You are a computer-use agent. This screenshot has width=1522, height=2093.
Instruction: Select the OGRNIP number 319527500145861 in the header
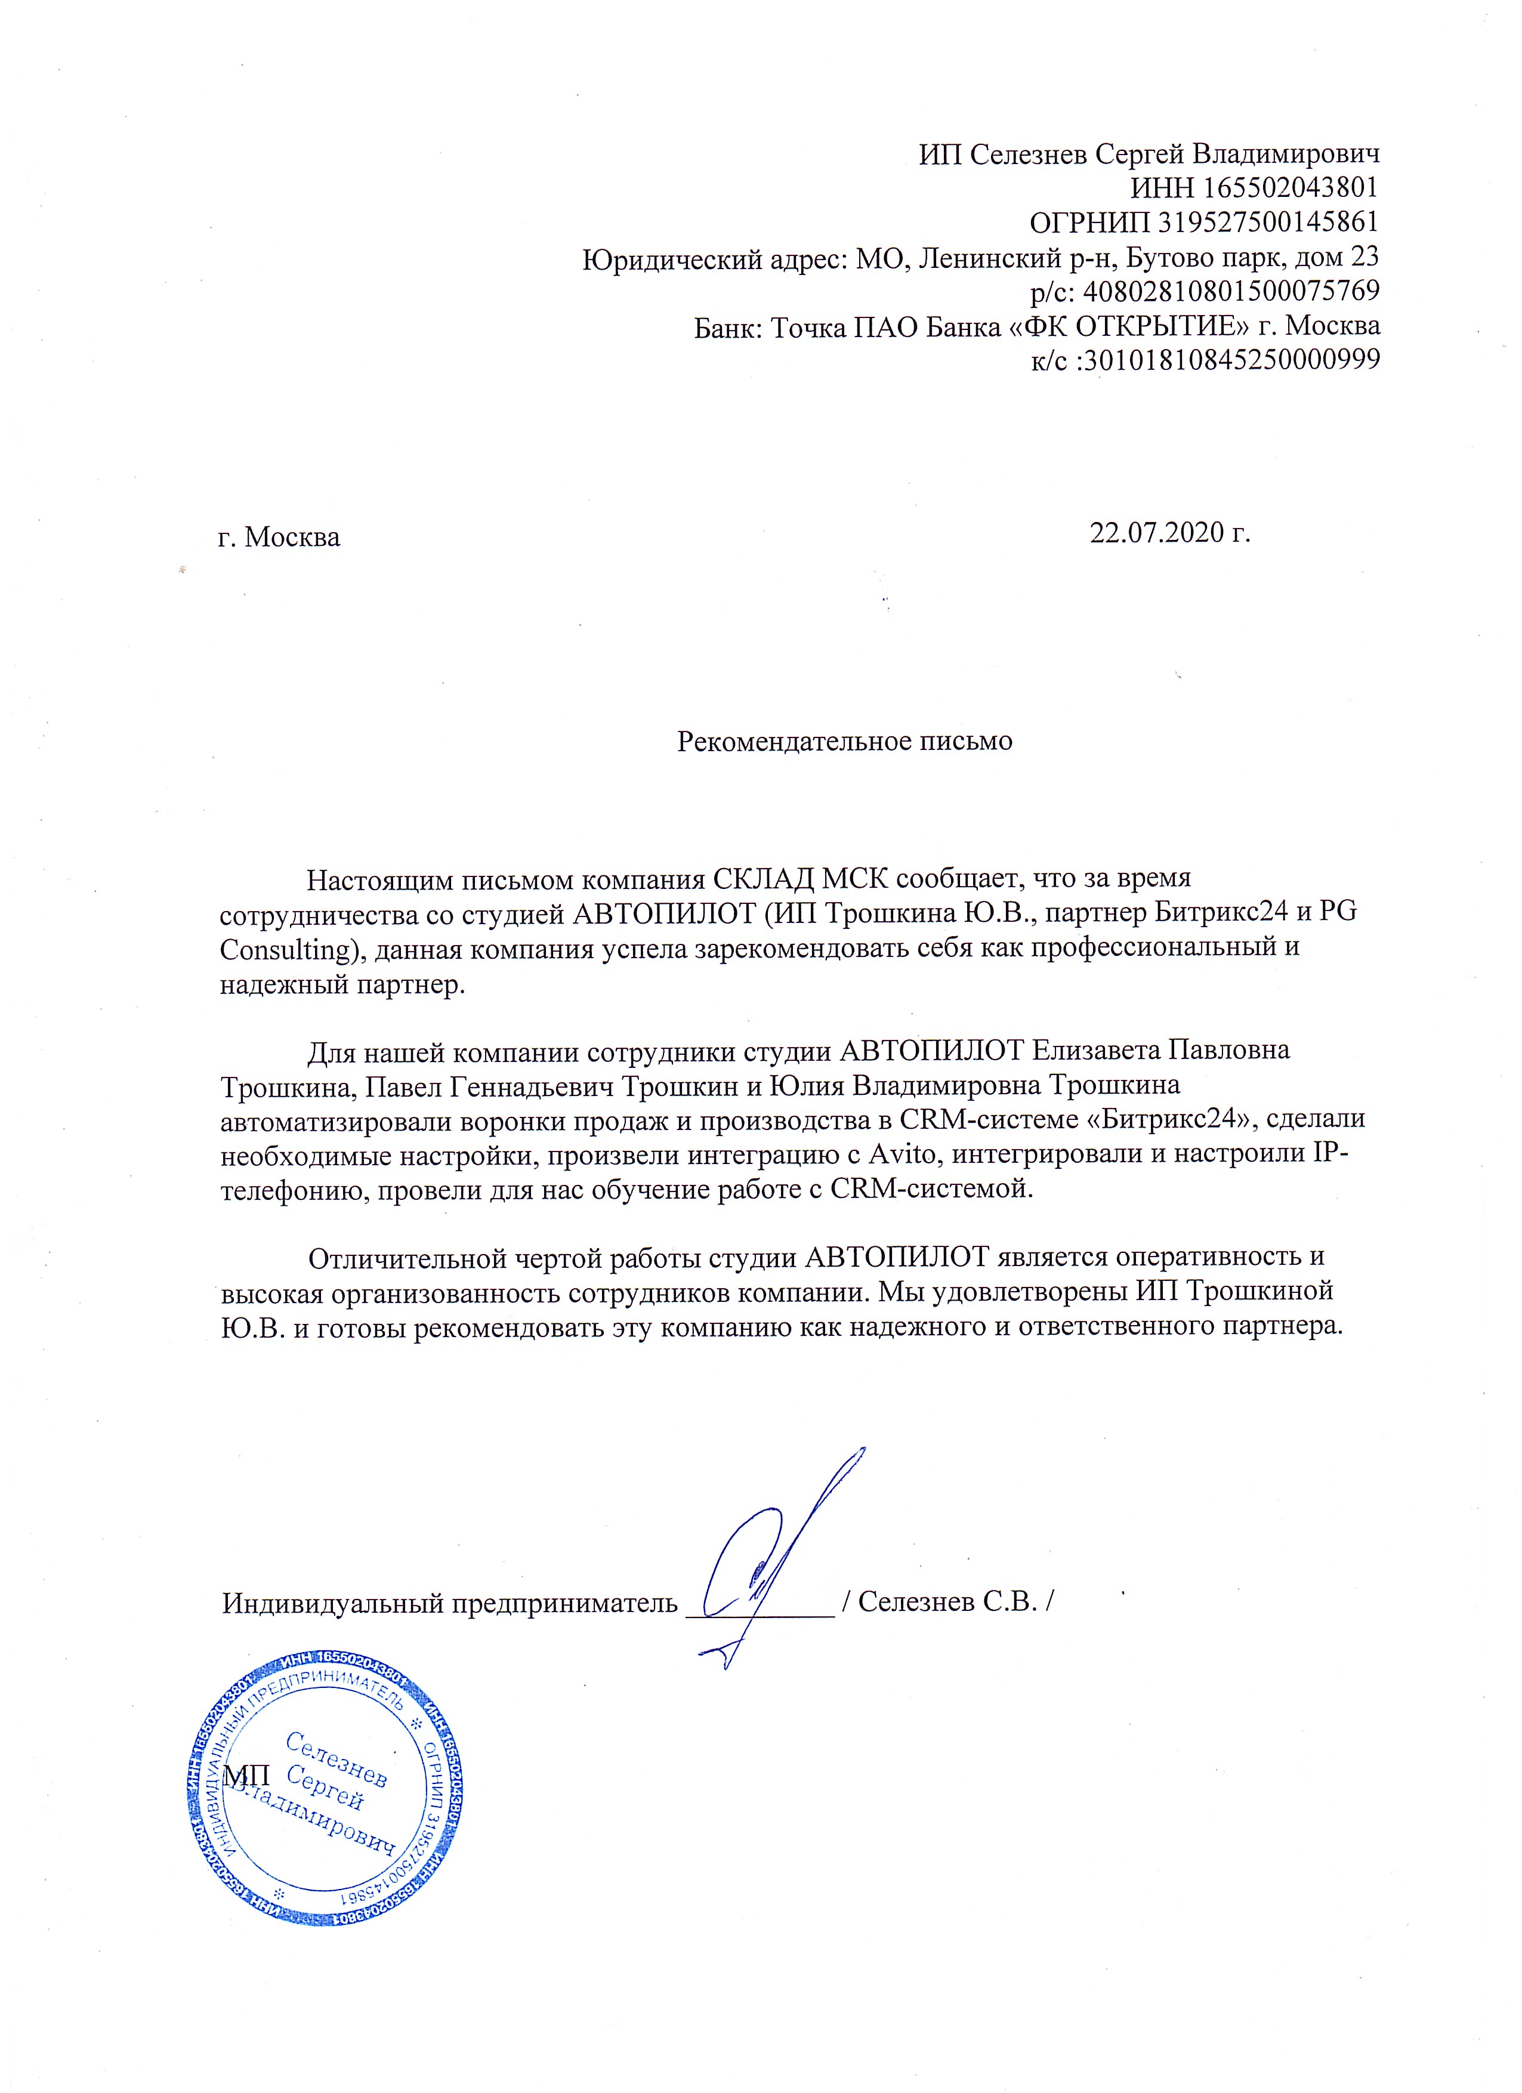pos(1268,223)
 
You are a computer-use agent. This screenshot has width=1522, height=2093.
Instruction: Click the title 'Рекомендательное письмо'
pos(845,741)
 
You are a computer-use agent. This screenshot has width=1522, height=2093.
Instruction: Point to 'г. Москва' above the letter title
pos(279,537)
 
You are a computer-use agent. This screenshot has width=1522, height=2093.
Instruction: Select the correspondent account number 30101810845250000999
pos(1230,360)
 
